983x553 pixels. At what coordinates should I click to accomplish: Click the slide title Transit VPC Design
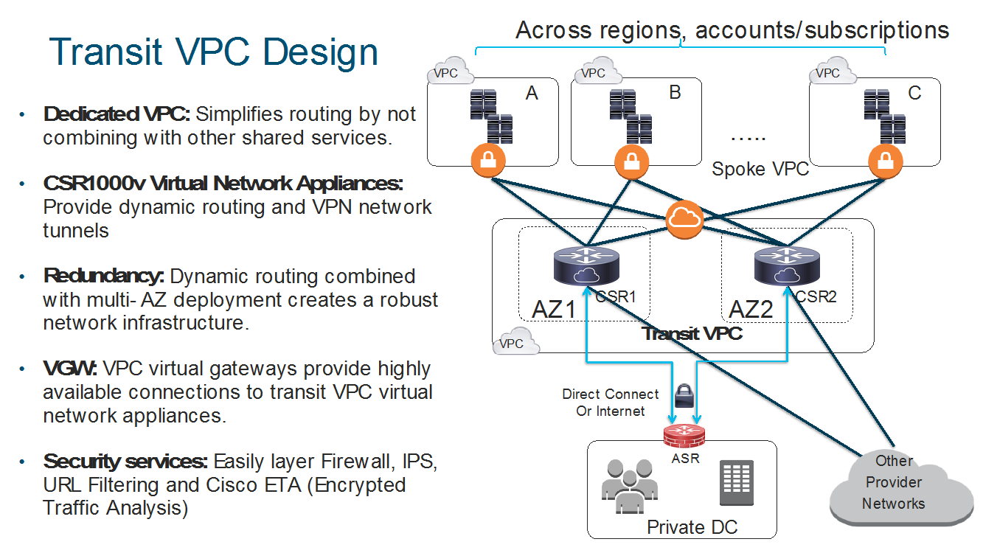[x=213, y=52]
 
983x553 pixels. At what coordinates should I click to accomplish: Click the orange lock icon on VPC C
[x=885, y=161]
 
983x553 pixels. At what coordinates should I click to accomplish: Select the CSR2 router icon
[x=786, y=265]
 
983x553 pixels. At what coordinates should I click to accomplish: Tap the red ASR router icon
[x=684, y=436]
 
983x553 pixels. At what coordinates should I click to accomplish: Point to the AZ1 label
[x=553, y=309]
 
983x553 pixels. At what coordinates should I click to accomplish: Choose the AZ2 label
[x=751, y=309]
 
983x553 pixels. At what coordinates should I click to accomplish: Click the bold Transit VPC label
[x=691, y=333]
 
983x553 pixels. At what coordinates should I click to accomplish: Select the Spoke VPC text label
[x=760, y=169]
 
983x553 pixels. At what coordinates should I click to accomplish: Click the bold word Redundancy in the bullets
[x=103, y=276]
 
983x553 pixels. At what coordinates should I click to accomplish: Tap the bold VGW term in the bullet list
[x=71, y=368]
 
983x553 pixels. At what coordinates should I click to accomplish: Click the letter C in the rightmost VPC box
[x=914, y=94]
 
